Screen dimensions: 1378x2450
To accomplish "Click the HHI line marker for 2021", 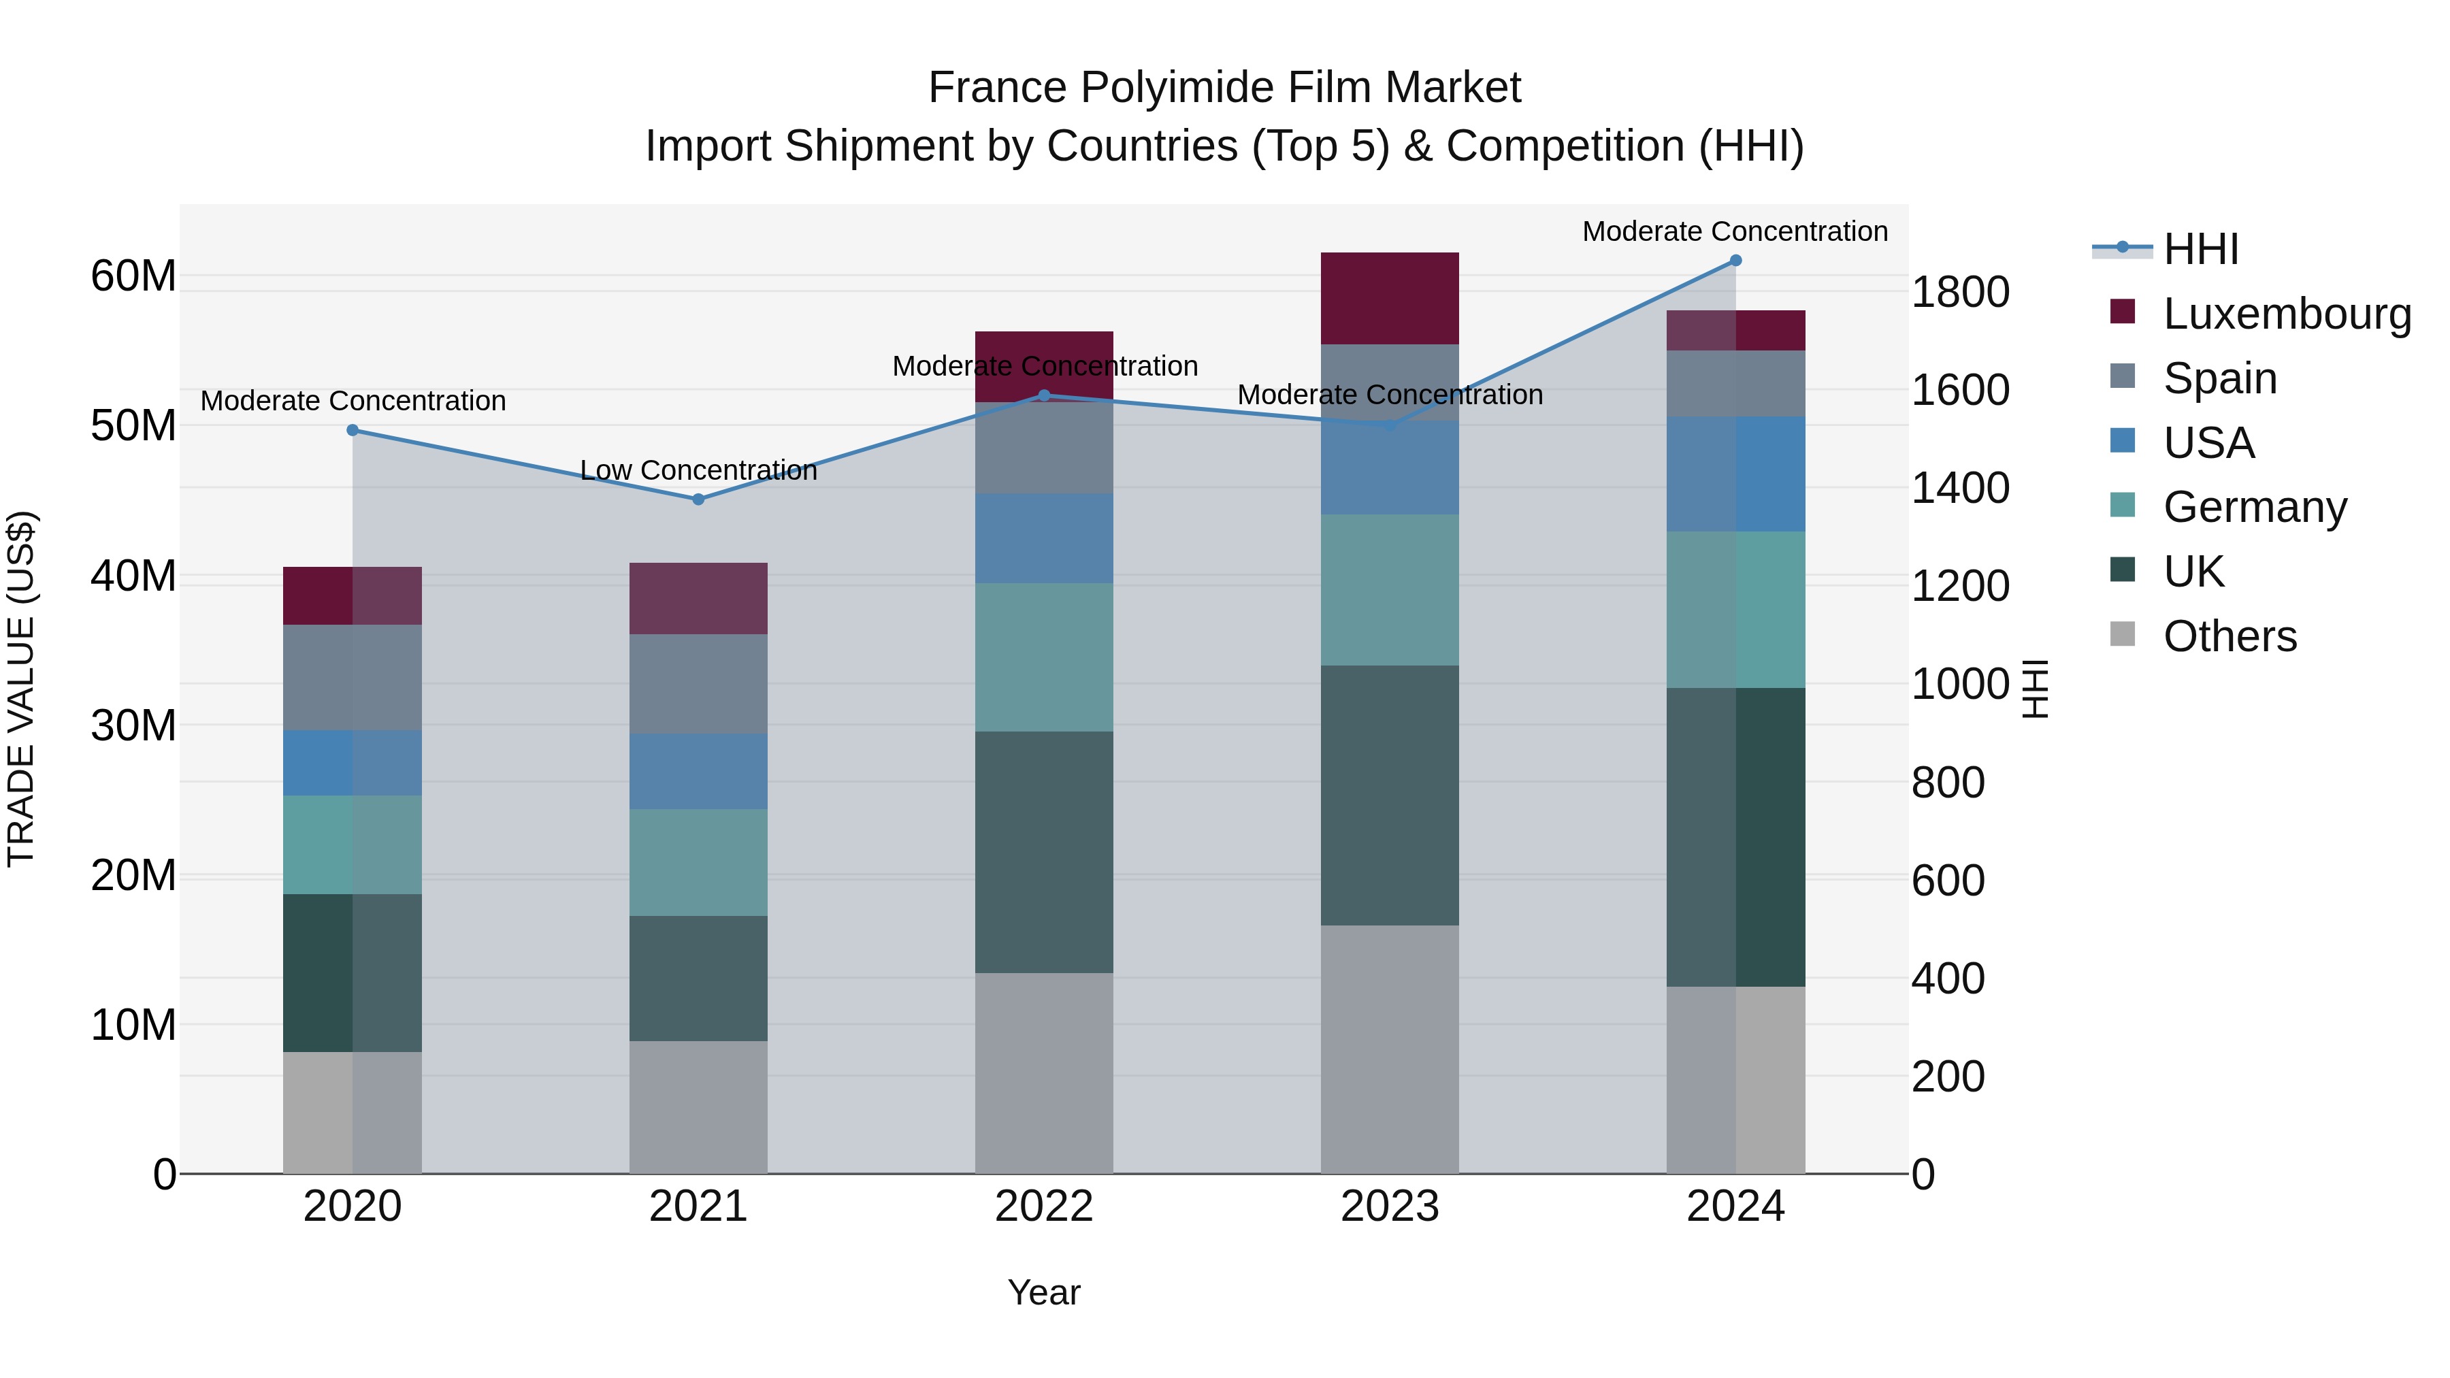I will click(698, 499).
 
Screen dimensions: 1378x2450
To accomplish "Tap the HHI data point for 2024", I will click(1735, 261).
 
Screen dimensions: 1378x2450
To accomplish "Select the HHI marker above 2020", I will click(353, 430).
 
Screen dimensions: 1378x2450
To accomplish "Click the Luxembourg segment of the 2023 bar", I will click(1390, 297).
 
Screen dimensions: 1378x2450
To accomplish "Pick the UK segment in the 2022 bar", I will click(1043, 851).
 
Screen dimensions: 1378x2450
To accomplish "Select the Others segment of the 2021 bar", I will click(698, 1107).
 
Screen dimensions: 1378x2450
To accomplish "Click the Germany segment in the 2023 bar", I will click(1390, 589).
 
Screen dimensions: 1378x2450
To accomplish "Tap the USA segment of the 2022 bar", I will click(1043, 538).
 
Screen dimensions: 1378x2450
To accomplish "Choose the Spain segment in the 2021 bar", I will click(698, 684).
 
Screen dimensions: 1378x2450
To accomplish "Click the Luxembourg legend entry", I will click(2287, 314).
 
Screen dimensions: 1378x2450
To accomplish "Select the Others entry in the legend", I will click(2229, 636).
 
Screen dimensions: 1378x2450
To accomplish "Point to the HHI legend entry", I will click(2201, 249).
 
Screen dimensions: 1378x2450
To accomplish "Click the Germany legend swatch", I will click(2123, 506).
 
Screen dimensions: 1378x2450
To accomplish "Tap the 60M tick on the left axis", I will click(133, 277).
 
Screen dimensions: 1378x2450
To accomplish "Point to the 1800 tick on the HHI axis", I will click(1960, 292).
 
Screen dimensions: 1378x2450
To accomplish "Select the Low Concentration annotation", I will click(698, 470).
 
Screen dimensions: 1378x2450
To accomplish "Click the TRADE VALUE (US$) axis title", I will click(21, 689).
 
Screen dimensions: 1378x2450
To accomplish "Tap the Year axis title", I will click(1043, 1292).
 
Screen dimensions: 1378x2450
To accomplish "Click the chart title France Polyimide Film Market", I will click(1224, 88).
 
